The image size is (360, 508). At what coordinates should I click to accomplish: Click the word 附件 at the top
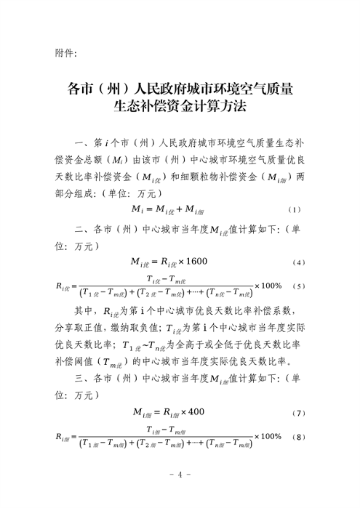pos(66,52)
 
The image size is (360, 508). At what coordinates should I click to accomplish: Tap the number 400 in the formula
pos(195,413)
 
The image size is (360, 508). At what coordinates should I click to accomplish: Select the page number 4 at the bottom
pos(180,475)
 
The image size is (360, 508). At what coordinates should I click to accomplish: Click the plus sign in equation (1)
pos(178,210)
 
